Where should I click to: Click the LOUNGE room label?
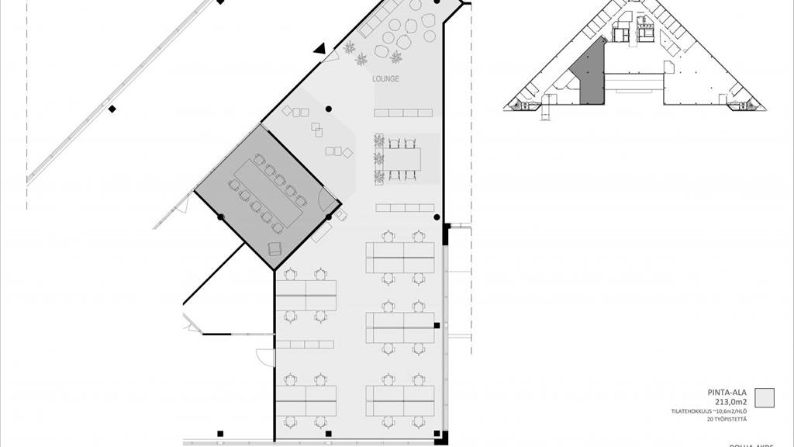pos(385,79)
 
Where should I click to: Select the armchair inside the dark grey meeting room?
pos(274,248)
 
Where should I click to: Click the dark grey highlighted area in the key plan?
pos(590,78)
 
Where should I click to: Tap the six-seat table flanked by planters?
pos(403,159)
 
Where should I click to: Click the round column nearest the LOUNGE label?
pos(329,109)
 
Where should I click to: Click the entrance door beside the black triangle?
pos(332,57)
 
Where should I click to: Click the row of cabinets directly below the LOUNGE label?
pos(402,113)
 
